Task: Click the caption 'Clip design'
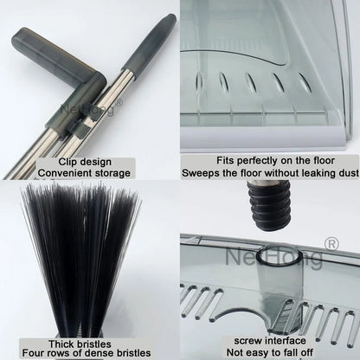pos(90,161)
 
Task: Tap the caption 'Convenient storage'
pos(90,172)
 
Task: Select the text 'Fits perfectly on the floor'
pos(270,161)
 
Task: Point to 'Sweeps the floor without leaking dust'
pos(270,172)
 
